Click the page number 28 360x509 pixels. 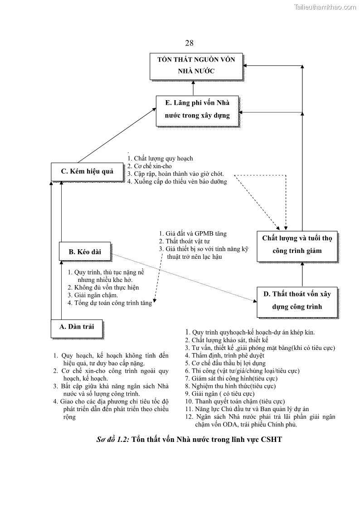(189, 43)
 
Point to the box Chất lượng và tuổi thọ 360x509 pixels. (297, 245)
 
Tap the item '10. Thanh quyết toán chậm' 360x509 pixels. (235, 401)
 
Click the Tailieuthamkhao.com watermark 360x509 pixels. (325, 6)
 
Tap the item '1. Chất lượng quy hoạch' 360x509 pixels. (160, 159)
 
